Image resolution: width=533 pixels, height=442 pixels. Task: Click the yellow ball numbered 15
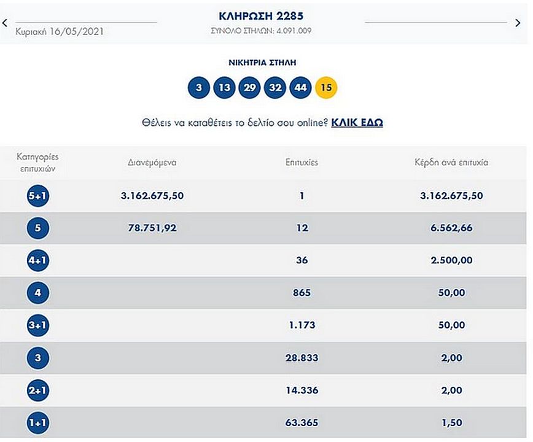coord(326,88)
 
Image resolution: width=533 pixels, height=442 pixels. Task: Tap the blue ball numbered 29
coord(250,88)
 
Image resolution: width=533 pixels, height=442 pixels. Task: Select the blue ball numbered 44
coord(300,88)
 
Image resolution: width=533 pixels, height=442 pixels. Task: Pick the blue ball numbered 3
coord(198,88)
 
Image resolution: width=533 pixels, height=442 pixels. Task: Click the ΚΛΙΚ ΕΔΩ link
coord(357,122)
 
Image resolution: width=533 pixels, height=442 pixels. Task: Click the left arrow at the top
coord(5,23)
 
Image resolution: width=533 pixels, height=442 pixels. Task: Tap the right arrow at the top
coord(518,23)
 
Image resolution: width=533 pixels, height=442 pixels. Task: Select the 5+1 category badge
coord(38,196)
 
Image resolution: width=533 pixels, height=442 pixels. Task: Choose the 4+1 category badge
coord(38,260)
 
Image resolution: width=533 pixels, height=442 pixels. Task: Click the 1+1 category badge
coord(38,422)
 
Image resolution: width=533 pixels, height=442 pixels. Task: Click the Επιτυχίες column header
coord(302,163)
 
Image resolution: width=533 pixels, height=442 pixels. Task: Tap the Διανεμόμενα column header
coord(152,163)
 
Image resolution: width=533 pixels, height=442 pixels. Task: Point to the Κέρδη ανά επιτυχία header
coord(452,163)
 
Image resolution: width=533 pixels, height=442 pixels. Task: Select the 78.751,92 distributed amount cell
coord(152,228)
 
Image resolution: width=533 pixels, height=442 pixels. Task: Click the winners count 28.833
coord(302,357)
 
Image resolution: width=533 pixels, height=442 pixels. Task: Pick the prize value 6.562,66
coord(452,228)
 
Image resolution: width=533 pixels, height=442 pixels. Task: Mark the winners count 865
coord(302,293)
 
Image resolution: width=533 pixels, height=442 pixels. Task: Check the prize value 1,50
coord(452,422)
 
